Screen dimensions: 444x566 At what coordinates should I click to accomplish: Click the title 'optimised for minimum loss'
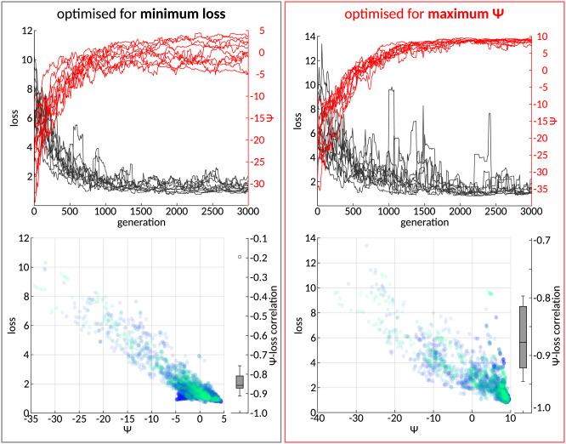[x=140, y=14]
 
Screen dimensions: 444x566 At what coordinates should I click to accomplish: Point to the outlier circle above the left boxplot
[x=240, y=256]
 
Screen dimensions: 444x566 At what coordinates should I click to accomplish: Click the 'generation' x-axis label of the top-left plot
[x=140, y=223]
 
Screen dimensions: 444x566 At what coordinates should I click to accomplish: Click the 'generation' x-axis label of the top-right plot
[x=423, y=223]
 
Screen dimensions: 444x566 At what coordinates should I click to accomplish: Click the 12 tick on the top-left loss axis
[x=27, y=31]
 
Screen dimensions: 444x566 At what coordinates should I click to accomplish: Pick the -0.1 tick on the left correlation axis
[x=262, y=239]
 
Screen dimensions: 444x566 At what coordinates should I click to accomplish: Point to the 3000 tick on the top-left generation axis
[x=247, y=210]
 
